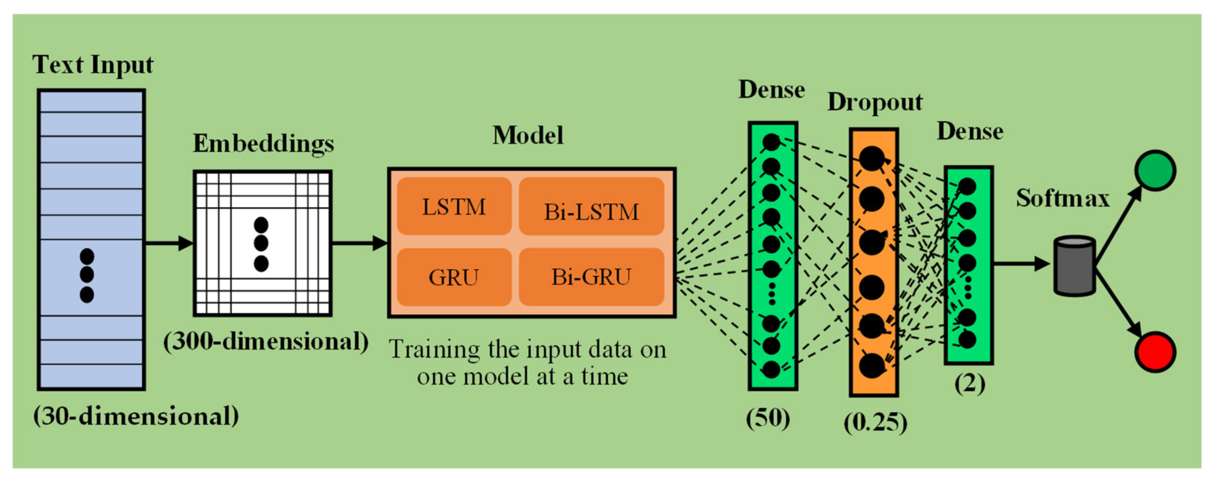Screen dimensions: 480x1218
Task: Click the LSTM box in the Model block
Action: (454, 207)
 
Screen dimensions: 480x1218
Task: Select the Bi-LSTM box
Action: (591, 207)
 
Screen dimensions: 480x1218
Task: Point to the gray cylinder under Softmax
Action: (1074, 266)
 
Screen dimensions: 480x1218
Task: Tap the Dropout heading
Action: (875, 102)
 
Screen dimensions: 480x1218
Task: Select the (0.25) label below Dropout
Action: (875, 422)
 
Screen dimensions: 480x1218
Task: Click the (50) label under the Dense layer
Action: (768, 418)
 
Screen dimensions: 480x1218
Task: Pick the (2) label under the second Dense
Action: (969, 384)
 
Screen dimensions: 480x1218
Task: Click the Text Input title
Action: (93, 65)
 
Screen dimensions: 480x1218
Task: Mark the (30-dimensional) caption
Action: (136, 416)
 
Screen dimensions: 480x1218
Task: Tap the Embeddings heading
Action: (263, 143)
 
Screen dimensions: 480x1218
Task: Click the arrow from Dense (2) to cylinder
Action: (1021, 263)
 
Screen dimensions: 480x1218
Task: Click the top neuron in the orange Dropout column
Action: (872, 158)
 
